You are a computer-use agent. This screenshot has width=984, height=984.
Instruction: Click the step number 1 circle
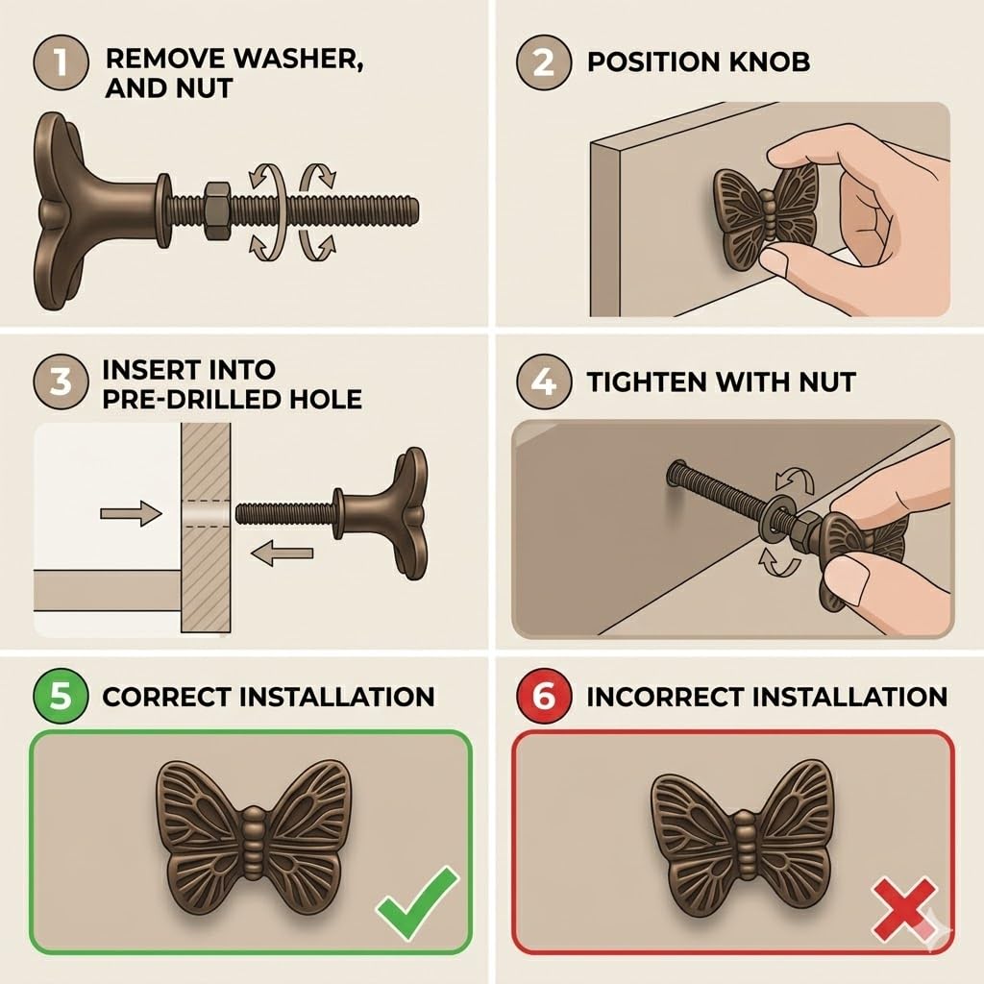(x=61, y=62)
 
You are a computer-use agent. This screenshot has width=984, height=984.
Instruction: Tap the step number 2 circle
(x=544, y=62)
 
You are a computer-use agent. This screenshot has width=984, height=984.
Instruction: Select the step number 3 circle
(x=61, y=381)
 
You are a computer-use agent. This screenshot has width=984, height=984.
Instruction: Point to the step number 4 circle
(x=544, y=381)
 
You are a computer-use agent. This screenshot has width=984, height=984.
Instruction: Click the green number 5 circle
(x=61, y=696)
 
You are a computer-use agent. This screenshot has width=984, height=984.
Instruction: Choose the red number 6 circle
(x=544, y=696)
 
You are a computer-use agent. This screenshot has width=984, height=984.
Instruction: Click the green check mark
(x=417, y=903)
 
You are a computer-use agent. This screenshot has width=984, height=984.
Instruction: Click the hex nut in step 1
(x=217, y=210)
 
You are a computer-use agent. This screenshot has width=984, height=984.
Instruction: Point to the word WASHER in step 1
(x=299, y=59)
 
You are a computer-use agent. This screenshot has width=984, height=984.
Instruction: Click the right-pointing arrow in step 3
(x=131, y=513)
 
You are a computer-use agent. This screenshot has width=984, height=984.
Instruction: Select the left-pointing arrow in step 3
(x=282, y=553)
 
